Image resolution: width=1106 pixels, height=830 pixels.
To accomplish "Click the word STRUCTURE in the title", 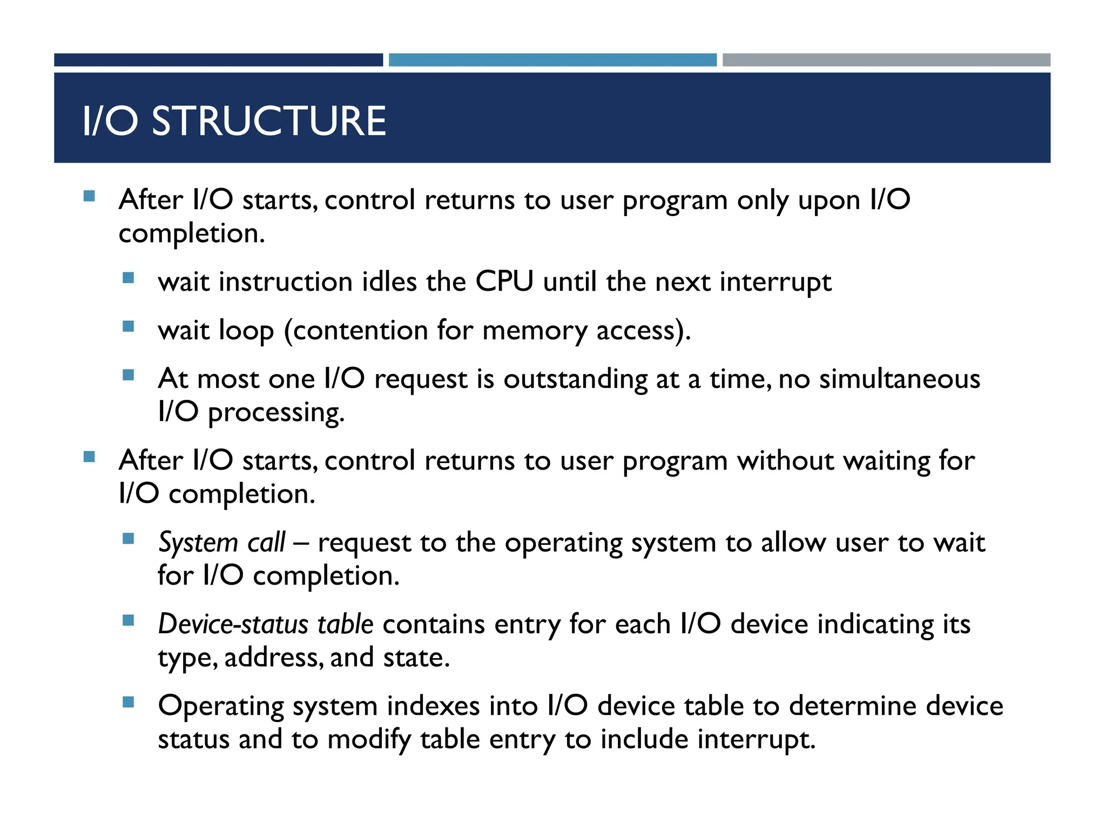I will (x=269, y=121).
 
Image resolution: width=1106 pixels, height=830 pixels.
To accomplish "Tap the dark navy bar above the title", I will (x=218, y=60).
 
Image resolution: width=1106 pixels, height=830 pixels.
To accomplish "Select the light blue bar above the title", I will (x=552, y=60).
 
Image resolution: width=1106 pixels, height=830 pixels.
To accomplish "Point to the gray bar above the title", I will (x=886, y=60).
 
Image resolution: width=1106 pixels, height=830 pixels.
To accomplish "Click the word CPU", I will (x=504, y=282).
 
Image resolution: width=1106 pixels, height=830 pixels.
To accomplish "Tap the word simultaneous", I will (x=900, y=378).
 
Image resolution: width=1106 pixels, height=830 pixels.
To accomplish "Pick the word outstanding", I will (x=575, y=379).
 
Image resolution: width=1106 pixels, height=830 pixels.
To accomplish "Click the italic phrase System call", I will (x=221, y=542).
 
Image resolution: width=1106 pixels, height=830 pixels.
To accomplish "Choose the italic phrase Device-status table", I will (x=266, y=624).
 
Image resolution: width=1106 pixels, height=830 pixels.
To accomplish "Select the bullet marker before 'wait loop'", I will (x=128, y=326).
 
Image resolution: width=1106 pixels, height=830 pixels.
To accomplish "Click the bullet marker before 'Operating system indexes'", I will (x=128, y=702).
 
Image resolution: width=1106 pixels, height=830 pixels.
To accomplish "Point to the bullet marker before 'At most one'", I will (x=128, y=374).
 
